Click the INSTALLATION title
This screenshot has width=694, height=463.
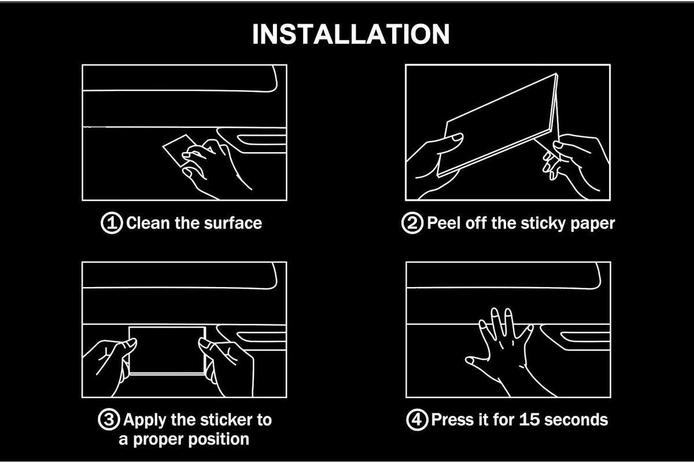click(x=350, y=34)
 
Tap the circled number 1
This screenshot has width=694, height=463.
click(x=112, y=223)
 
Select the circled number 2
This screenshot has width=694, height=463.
click(x=412, y=223)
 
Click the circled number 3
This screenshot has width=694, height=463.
click(x=109, y=419)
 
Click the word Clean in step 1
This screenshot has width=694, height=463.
click(x=148, y=223)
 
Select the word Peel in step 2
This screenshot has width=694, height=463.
click(x=444, y=223)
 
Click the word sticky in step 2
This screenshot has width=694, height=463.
click(x=543, y=223)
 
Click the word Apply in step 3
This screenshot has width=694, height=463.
click(x=145, y=420)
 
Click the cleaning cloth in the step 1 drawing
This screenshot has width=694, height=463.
click(x=180, y=151)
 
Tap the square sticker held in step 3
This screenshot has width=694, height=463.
click(x=167, y=350)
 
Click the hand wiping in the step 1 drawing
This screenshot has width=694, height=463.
click(x=214, y=167)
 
